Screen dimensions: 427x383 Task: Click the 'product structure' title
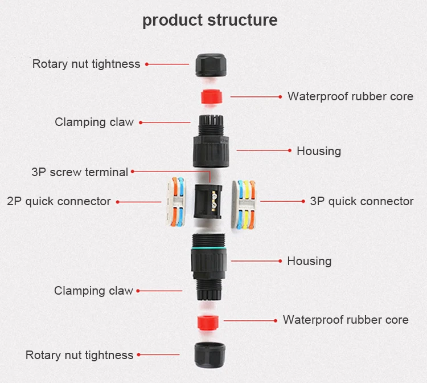pos(210,20)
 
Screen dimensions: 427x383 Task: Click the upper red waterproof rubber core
pos(210,96)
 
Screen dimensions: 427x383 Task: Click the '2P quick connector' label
pos(59,201)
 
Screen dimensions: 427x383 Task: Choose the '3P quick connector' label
pos(362,201)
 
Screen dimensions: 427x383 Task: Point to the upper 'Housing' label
pos(319,151)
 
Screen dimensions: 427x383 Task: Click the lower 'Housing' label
pos(309,261)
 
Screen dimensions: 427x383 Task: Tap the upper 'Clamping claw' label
pos(94,122)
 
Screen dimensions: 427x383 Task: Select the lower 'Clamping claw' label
pos(93,291)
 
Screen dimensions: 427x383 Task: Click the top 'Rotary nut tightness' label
pos(86,64)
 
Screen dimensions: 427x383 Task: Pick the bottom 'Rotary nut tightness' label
pos(79,355)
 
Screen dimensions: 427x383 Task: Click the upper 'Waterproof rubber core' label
pos(350,96)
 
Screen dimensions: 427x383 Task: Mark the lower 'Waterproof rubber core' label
pos(346,320)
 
